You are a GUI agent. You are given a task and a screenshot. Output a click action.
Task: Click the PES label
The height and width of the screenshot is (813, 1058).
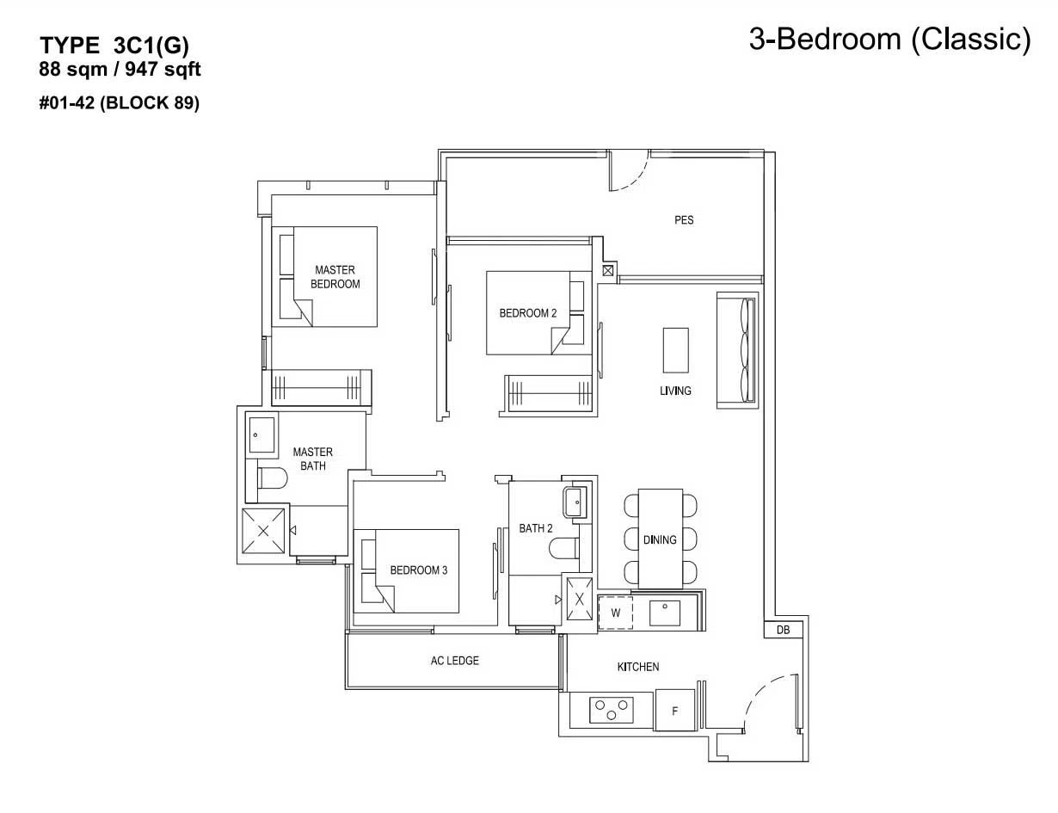684,220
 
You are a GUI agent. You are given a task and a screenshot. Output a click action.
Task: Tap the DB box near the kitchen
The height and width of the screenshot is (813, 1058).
783,630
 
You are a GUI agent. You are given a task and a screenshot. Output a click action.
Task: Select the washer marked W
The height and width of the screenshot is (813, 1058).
615,613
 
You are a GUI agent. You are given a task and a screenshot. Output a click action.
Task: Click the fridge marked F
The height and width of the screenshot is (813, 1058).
675,711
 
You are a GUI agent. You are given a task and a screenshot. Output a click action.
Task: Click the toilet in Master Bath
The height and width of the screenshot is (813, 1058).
272,478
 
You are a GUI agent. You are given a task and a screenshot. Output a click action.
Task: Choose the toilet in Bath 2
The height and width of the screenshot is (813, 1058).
563,549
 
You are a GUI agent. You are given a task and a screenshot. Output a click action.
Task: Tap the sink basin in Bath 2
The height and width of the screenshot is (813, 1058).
575,502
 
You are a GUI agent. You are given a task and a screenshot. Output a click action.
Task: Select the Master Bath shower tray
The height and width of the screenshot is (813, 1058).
263,531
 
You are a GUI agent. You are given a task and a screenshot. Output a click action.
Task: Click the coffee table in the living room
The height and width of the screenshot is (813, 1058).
675,350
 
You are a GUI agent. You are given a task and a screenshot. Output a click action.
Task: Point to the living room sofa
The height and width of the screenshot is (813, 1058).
737,350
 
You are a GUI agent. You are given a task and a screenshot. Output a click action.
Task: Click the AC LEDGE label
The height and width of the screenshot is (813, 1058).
455,661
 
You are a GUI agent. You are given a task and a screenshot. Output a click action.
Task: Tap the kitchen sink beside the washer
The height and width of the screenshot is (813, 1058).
665,613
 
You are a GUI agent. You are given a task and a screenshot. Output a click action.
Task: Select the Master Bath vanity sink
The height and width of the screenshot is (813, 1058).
261,434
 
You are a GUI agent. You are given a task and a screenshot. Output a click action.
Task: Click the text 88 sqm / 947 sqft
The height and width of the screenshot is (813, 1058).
120,69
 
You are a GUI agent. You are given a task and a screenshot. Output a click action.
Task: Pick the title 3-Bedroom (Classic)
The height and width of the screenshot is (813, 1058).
890,39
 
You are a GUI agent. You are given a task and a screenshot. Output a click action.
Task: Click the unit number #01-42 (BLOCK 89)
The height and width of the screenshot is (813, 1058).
120,102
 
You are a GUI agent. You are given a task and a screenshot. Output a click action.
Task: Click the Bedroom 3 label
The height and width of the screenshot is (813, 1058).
419,570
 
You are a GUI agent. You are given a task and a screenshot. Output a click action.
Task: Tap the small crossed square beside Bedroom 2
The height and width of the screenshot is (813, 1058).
607,271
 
